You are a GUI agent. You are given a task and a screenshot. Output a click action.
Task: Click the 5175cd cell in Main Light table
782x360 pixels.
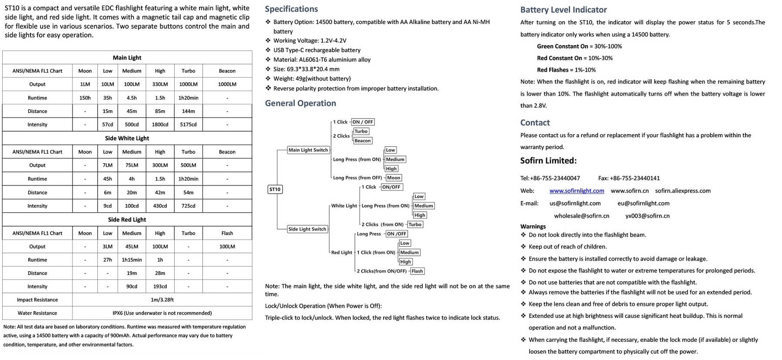188,125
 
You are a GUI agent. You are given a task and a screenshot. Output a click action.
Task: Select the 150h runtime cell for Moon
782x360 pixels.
85,98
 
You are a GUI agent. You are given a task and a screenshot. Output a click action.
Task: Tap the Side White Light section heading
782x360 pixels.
127,138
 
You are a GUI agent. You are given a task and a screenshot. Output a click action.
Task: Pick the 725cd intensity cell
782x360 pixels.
188,206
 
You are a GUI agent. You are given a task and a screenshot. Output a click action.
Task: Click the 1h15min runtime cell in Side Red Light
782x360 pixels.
132,260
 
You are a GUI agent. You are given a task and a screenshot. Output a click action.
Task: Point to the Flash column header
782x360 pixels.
227,233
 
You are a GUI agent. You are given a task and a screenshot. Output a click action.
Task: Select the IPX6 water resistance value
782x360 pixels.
162,313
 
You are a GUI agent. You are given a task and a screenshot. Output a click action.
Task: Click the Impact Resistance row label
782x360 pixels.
37,300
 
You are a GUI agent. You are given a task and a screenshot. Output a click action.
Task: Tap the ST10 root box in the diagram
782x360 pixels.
275,189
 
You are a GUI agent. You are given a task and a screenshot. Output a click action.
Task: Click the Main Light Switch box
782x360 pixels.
308,150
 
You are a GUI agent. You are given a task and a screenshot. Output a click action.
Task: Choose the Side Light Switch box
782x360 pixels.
307,229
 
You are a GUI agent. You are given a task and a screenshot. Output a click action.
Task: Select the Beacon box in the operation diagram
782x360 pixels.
362,141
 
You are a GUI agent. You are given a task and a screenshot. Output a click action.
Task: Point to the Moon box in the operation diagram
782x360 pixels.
394,178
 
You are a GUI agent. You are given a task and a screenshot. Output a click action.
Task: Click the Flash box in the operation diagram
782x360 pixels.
417,271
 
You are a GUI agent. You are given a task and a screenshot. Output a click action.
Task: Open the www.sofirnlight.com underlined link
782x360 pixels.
577,191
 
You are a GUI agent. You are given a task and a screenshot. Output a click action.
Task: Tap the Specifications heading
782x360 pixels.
291,9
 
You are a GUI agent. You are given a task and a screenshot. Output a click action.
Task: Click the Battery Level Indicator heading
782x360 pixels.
563,10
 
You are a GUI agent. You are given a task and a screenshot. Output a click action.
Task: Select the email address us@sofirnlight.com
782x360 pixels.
575,203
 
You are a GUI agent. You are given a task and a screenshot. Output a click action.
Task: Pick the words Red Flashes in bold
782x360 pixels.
553,70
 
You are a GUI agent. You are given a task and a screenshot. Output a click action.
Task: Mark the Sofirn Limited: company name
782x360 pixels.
548,161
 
